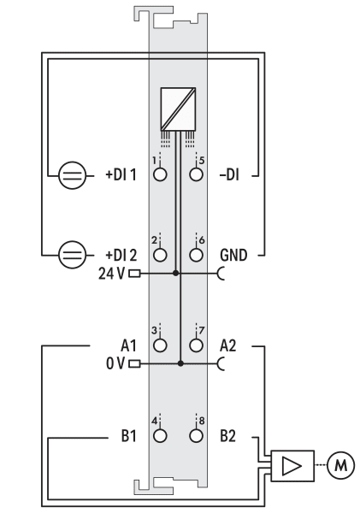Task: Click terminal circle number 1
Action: pos(160,174)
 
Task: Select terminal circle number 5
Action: pos(196,174)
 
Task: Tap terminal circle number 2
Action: pos(160,255)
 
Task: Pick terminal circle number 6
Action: pos(196,255)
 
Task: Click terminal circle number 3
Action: pos(160,345)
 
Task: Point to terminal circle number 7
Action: pos(196,345)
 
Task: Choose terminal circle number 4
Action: pos(160,435)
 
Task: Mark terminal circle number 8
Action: pos(196,435)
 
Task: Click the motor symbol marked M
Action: pos(340,465)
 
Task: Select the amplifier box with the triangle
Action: pos(292,466)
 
